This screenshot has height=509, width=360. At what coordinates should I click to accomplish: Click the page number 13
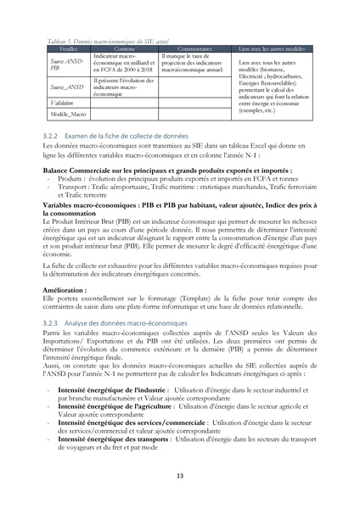click(x=180, y=475)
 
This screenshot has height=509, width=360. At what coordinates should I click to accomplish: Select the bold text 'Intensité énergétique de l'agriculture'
click(x=115, y=406)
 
